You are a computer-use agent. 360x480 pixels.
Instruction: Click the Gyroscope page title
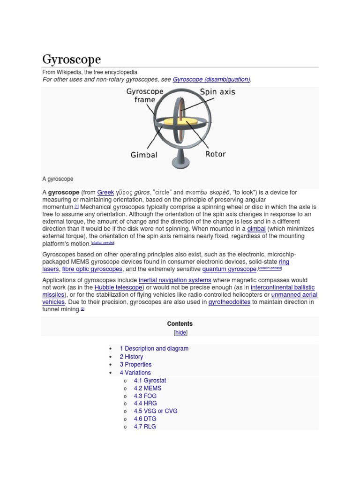(72, 60)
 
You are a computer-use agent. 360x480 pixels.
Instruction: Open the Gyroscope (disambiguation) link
(211, 80)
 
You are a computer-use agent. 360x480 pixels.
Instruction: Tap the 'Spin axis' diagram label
(217, 92)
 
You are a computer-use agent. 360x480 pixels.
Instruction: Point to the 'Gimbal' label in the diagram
(144, 154)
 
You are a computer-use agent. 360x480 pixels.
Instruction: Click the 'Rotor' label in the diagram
(215, 154)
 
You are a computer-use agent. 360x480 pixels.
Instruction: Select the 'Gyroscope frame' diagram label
(144, 96)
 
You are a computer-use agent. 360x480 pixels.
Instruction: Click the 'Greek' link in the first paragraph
(105, 192)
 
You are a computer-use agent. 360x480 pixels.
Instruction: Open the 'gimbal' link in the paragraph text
(256, 229)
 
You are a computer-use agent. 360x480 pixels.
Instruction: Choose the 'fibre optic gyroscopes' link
(92, 269)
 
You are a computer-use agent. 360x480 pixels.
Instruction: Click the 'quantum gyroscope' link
(229, 269)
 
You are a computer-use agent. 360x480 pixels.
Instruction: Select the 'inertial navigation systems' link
(175, 280)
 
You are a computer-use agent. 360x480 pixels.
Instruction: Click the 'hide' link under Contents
(180, 332)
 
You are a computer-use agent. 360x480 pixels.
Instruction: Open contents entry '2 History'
(131, 357)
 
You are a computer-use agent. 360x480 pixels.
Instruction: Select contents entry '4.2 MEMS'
(147, 388)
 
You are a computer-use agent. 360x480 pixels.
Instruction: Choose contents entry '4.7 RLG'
(145, 427)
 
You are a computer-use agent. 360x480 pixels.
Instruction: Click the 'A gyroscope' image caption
(58, 179)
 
